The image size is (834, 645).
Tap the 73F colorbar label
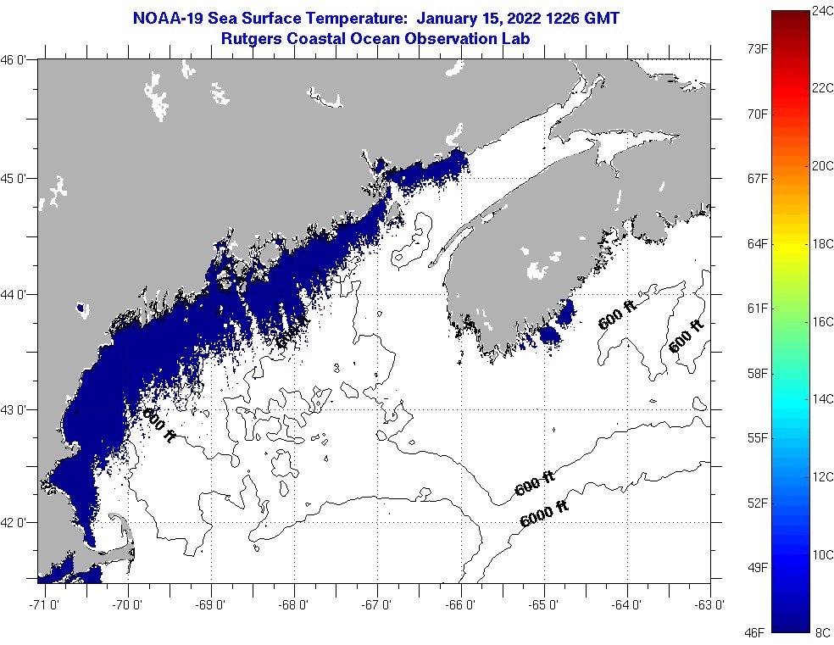[x=756, y=49]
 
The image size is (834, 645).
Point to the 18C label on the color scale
[x=823, y=243]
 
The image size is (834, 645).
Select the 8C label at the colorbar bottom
[x=823, y=631]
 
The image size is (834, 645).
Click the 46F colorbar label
[x=756, y=631]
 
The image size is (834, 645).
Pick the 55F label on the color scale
[x=756, y=437]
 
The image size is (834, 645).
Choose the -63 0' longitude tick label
[x=710, y=604]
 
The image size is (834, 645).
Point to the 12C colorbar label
[x=823, y=476]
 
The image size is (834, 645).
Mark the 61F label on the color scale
[x=756, y=308]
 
